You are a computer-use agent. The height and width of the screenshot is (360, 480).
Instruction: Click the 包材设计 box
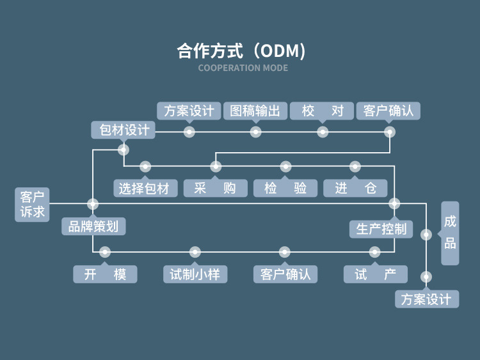point(124,130)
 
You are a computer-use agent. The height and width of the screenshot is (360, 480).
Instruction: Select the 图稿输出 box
point(255,111)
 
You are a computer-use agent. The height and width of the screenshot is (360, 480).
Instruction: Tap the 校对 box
point(323,111)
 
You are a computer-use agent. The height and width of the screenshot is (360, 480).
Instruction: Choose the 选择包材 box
point(145,188)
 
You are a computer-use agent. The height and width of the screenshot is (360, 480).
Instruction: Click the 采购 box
point(215,188)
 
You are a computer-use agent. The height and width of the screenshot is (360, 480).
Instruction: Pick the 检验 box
point(285,188)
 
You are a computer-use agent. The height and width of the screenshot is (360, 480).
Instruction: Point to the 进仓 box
point(355,188)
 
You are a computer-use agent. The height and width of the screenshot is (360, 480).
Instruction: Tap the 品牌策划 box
point(93,226)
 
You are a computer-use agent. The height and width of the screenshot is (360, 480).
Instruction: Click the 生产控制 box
point(381,228)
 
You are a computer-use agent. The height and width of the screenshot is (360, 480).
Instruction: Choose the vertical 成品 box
point(450,232)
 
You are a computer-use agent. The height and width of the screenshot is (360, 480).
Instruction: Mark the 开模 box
point(105,274)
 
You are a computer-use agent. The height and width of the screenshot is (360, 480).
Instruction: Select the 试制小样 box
point(195,274)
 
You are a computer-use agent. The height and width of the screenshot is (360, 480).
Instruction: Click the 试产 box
point(375,274)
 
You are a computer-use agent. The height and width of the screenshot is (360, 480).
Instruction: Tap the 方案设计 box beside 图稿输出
point(189,111)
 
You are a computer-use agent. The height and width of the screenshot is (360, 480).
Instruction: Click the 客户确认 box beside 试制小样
point(285,274)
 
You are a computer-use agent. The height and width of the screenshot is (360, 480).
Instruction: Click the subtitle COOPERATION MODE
point(243,68)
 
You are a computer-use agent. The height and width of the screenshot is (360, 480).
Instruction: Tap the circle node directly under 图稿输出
point(255,132)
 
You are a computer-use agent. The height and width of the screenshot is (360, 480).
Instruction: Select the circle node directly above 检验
point(285,167)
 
